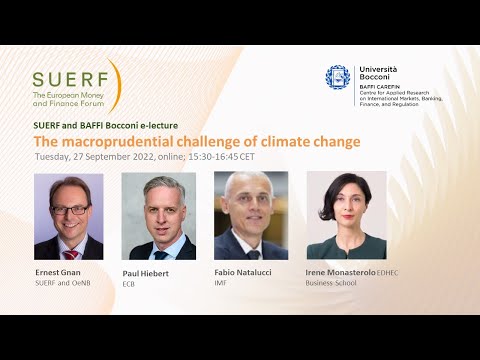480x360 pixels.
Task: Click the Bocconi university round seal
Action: pyautogui.click(x=338, y=77)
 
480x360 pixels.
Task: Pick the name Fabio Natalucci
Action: pyautogui.click(x=243, y=272)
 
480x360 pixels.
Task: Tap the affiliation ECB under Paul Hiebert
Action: pyautogui.click(x=129, y=284)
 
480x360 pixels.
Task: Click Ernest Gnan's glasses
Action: pyautogui.click(x=66, y=209)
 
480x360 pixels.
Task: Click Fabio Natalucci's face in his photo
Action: pyautogui.click(x=249, y=204)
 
